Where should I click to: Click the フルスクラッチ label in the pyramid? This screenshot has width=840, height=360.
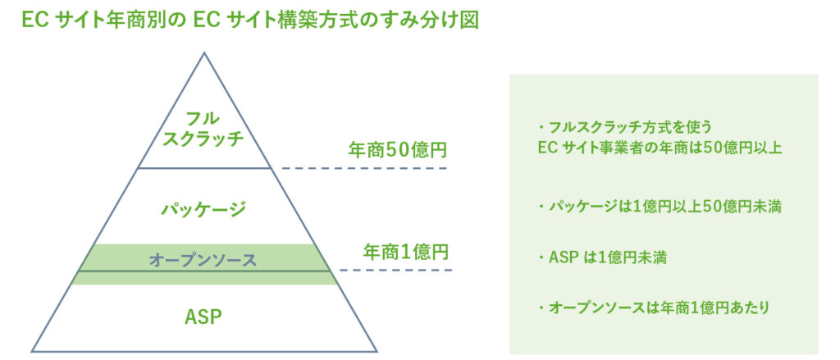(203, 129)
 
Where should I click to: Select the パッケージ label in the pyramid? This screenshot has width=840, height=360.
(203, 207)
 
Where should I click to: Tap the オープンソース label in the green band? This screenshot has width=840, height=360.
(203, 260)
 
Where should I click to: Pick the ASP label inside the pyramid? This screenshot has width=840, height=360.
(203, 317)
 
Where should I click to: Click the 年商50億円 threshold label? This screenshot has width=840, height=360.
(397, 151)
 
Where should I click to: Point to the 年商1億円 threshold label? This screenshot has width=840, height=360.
(405, 252)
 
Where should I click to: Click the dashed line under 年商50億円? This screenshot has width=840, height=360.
(364, 168)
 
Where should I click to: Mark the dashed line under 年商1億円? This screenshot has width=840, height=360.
(396, 270)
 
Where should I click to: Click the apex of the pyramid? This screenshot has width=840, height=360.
(203, 52)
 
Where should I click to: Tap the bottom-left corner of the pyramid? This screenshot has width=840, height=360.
(32, 352)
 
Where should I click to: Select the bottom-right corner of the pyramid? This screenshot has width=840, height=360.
(377, 352)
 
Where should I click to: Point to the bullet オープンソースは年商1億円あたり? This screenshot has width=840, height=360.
(654, 308)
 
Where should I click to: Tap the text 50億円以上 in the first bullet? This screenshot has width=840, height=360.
(742, 148)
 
